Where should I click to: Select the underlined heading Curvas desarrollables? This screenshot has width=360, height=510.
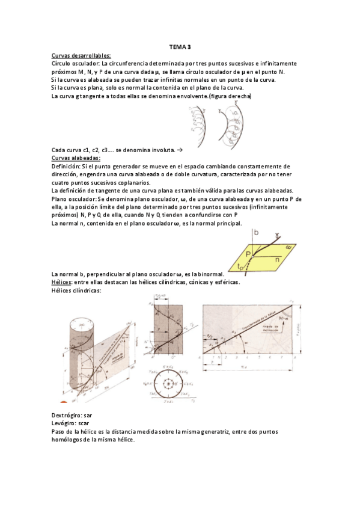[x=77, y=55]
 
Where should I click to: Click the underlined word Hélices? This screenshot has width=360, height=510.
[x=62, y=282]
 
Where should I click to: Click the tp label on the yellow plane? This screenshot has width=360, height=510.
[x=241, y=265]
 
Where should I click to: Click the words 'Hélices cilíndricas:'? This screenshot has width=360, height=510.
[x=76, y=290]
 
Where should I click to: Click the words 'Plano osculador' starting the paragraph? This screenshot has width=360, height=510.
[x=73, y=199]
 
